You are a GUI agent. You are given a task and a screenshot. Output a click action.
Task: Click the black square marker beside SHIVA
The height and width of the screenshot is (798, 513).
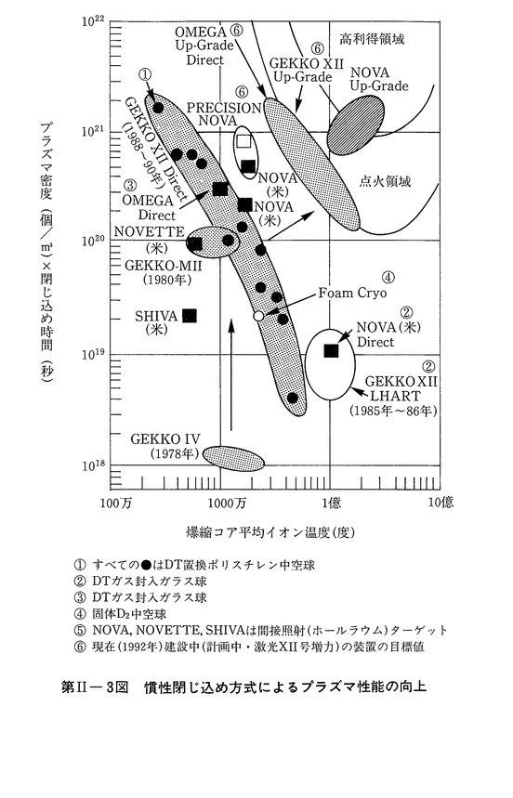point(190,316)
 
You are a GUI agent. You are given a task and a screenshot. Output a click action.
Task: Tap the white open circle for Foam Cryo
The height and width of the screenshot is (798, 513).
point(258,316)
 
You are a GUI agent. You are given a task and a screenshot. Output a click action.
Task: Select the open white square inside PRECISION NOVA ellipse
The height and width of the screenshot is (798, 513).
point(243,141)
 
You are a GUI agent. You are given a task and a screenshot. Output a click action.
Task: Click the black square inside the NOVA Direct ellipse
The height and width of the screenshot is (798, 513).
point(331,350)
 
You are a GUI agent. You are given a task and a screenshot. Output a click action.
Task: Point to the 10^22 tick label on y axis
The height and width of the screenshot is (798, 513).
point(93,20)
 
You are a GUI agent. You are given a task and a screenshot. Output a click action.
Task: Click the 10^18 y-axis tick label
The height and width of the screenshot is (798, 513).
point(93,465)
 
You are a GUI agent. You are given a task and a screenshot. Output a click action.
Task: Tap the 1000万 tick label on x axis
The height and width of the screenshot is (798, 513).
point(222,504)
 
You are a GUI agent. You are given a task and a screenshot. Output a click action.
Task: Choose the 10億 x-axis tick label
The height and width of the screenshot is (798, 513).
point(441,503)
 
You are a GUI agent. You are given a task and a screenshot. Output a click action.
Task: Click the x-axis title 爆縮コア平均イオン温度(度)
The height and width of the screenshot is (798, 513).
point(270,533)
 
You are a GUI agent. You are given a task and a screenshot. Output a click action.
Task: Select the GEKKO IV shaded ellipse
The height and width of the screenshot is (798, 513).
point(233,457)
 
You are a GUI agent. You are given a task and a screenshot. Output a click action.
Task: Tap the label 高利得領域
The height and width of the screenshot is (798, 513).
point(372,39)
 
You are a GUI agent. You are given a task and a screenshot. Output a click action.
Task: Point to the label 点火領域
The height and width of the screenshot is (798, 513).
point(385,181)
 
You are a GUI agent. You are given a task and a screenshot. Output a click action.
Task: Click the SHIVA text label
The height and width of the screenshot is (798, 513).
point(156,317)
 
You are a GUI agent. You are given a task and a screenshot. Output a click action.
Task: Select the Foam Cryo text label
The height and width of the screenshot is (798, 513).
point(353,294)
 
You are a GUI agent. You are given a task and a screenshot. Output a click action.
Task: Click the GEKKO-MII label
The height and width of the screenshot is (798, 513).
point(164,266)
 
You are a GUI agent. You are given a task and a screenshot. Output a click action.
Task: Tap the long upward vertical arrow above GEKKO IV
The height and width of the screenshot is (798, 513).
point(231,375)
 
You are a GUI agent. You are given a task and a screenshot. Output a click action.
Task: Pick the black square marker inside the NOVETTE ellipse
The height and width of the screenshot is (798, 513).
point(195,243)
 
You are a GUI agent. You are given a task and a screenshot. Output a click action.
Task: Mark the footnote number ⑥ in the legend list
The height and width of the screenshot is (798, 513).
point(80,648)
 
